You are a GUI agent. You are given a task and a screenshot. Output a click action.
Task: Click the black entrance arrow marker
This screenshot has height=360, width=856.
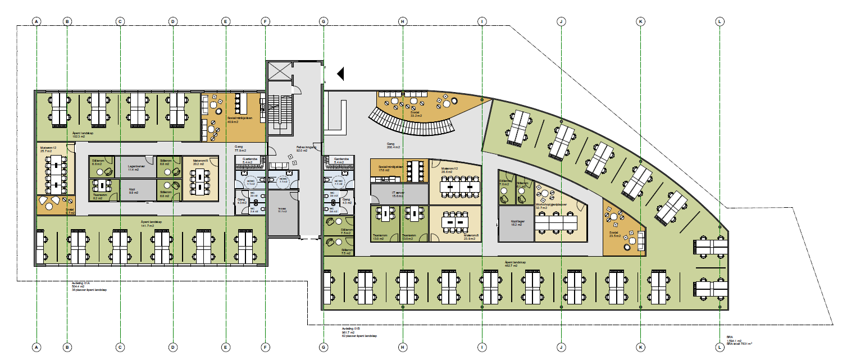(340, 73)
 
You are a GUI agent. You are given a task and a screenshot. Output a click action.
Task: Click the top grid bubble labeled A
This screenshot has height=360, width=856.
(37, 22)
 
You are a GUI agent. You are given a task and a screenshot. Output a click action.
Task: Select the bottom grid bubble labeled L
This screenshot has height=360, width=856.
(720, 348)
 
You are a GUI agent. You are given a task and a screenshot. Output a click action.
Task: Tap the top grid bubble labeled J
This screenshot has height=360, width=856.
(561, 22)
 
